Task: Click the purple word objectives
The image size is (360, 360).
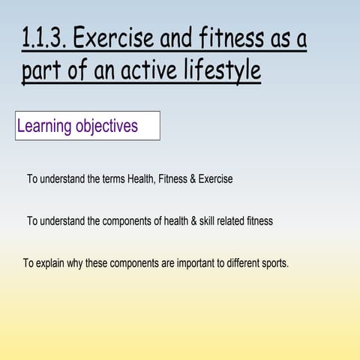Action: [107, 126]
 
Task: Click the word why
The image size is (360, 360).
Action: [76, 263]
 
